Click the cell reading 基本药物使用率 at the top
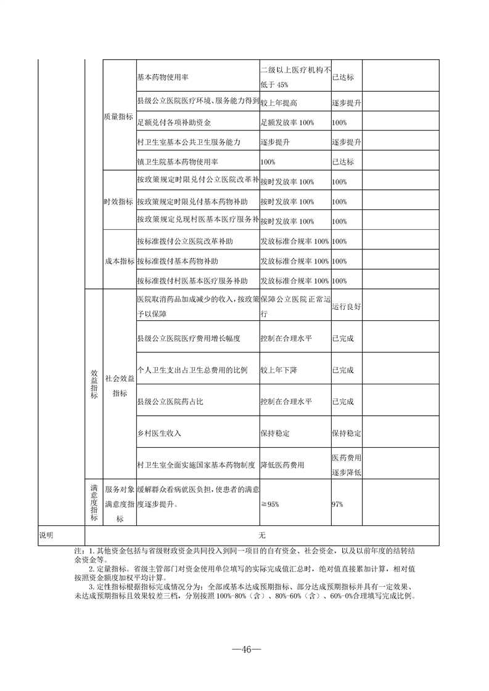tap(163, 78)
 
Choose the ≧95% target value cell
tap(270, 504)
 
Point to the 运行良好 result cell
tap(346, 306)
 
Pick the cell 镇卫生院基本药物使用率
tap(178, 162)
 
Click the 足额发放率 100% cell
tap(287, 123)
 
